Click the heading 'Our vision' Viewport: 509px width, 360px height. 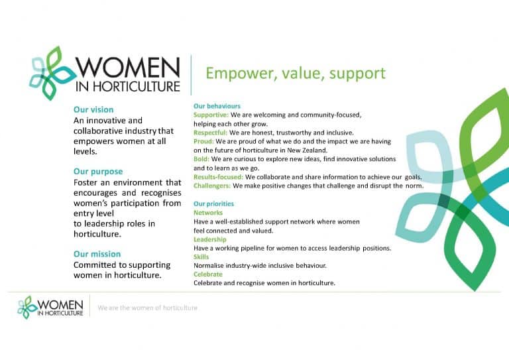tap(93, 109)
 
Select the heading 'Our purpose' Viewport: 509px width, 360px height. tap(98, 171)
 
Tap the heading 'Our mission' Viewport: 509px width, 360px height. tap(97, 254)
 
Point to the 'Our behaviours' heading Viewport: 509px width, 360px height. tap(217, 106)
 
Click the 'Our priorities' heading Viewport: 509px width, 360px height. tap(213, 204)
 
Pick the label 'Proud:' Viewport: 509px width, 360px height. tap(203, 141)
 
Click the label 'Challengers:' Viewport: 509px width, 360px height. tap(211, 186)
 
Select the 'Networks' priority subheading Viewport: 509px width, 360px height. tap(208, 213)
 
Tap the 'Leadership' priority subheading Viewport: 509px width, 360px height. tap(210, 239)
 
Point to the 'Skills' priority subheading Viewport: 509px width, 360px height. tap(200, 257)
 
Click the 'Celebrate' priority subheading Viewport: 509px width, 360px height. tap(208, 274)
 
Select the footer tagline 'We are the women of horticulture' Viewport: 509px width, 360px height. tap(147, 308)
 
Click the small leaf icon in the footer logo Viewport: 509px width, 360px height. tap(28, 307)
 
